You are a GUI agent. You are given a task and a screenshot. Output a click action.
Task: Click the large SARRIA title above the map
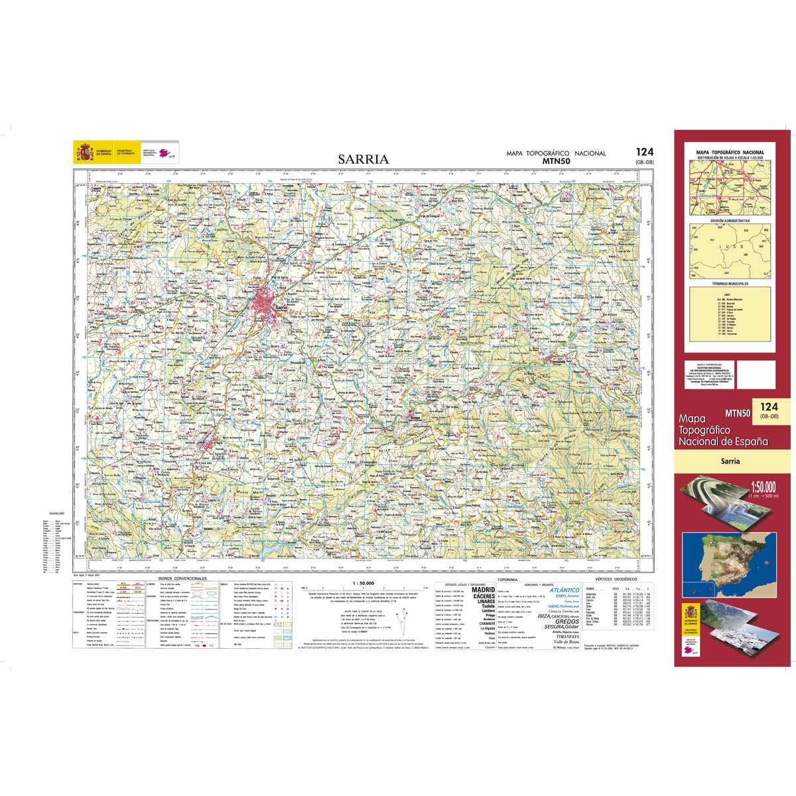click(x=363, y=159)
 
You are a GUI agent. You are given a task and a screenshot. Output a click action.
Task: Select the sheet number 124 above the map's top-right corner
click(x=643, y=153)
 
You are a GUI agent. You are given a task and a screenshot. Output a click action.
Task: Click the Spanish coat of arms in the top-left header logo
click(x=84, y=153)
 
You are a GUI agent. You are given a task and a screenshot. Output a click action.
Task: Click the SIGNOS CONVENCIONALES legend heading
click(x=182, y=578)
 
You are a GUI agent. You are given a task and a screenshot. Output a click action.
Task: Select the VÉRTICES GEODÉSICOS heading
click(x=616, y=579)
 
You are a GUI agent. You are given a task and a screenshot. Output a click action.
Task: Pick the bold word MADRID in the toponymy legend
click(x=483, y=589)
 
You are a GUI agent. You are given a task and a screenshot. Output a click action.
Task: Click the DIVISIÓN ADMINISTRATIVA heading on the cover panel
click(x=730, y=220)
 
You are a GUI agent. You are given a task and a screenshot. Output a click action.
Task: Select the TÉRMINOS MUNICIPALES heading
click(x=730, y=284)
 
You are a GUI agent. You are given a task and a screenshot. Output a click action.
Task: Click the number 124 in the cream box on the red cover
click(x=769, y=407)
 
